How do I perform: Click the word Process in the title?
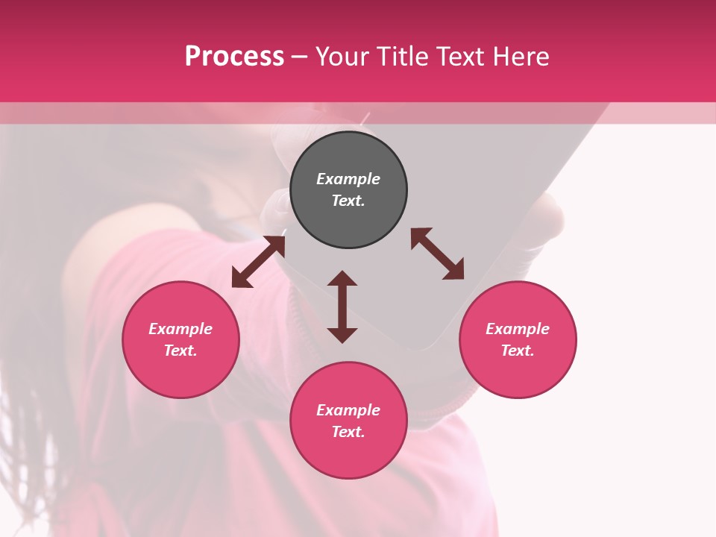coord(234,57)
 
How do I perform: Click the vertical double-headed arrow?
coord(342,307)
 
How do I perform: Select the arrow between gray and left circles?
coord(258,261)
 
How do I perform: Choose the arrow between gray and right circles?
coord(437,254)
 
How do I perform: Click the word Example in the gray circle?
coord(348,179)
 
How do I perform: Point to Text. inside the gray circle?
coord(348,201)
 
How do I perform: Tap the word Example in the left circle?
coord(180,329)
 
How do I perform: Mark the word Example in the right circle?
coord(518,329)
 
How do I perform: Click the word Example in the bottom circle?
coord(348,410)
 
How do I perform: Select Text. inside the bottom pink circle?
coord(348,432)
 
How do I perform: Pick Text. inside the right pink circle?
coord(518,351)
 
